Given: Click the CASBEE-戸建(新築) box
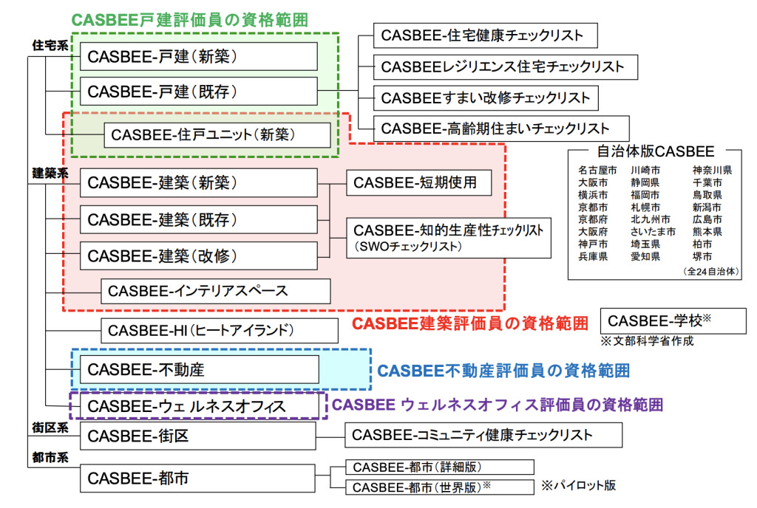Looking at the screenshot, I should click(x=198, y=56).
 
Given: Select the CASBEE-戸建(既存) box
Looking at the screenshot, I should click(x=198, y=92).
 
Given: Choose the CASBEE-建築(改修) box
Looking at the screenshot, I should click(x=198, y=255).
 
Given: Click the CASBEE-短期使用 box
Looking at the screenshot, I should click(x=419, y=182).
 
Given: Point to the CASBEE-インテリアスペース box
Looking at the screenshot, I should click(x=215, y=290).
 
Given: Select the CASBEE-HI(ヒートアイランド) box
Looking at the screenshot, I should click(x=215, y=330).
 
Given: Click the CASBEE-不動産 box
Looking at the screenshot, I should click(x=198, y=368).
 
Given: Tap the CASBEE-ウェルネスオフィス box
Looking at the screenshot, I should click(x=198, y=406).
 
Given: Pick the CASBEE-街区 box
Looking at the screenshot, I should click(x=198, y=436).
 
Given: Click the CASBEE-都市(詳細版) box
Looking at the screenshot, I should click(x=439, y=467).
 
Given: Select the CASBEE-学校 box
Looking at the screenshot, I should click(x=673, y=320).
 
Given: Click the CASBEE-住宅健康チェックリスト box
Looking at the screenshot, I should click(x=485, y=35).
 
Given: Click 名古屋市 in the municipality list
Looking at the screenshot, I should click(x=597, y=171).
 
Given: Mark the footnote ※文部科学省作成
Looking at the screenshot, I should click(x=648, y=342).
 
